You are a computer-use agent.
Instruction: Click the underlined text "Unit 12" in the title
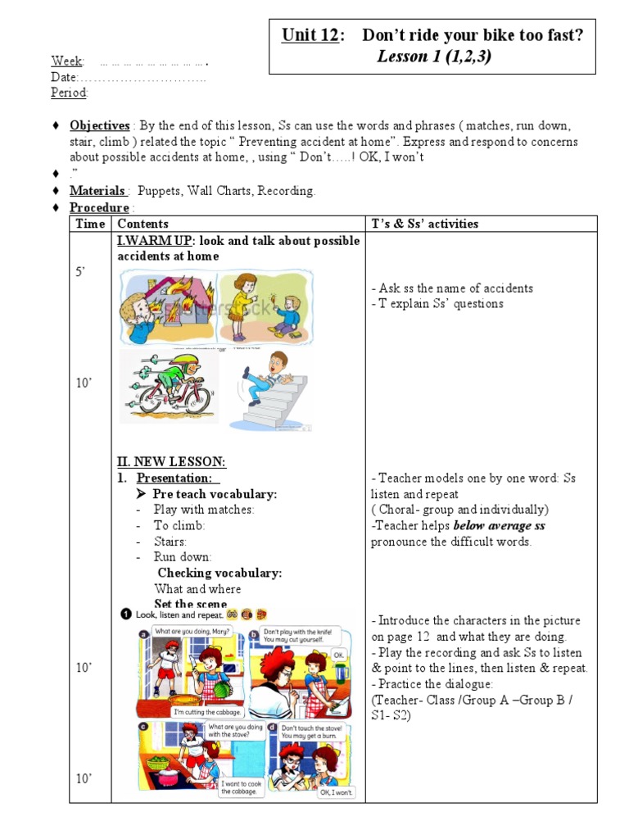(310, 35)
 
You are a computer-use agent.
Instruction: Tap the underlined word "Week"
(67, 61)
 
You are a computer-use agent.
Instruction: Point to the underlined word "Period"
(69, 93)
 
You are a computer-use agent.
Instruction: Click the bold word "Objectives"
(99, 126)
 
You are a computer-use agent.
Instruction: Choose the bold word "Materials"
(97, 191)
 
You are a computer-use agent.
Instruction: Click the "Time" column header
(90, 224)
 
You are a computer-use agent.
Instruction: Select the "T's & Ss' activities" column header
(424, 224)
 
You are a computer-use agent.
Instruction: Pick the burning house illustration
(165, 307)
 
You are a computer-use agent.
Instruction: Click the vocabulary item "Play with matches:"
(204, 510)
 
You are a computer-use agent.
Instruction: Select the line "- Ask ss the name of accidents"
(451, 288)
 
